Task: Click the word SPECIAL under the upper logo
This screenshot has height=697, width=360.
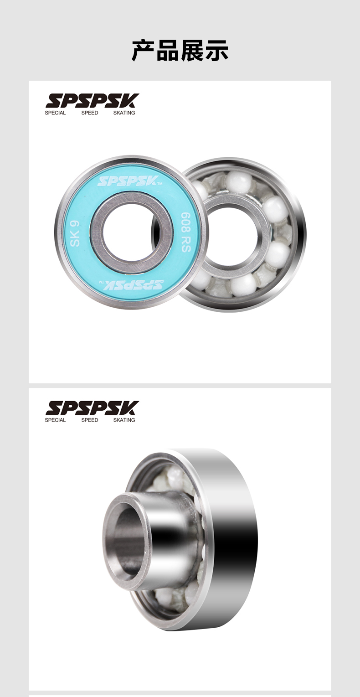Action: (55, 113)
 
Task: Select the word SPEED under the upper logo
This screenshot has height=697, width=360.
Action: (90, 113)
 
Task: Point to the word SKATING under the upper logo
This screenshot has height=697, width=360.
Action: (124, 113)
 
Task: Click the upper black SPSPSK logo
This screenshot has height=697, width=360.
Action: (92, 101)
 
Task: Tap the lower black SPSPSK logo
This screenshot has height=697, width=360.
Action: (92, 408)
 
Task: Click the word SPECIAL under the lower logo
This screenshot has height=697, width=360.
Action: (55, 420)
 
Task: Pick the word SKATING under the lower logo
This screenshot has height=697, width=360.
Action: (124, 420)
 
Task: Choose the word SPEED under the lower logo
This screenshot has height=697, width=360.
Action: (90, 420)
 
